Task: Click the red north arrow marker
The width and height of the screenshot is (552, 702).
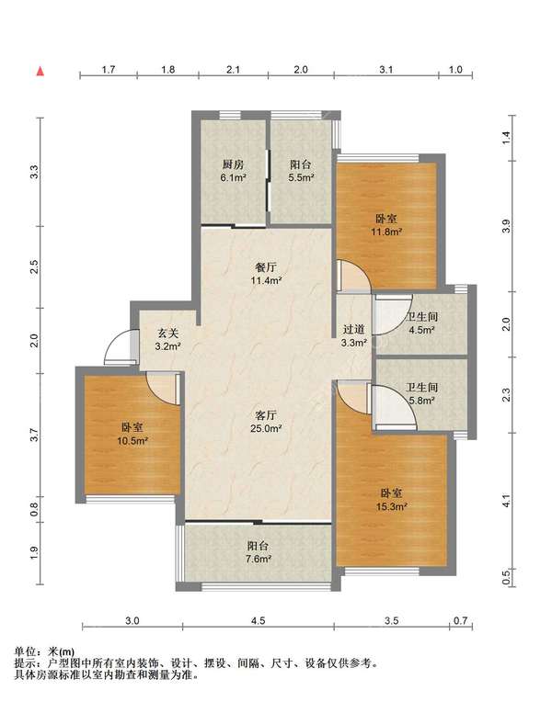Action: point(40,71)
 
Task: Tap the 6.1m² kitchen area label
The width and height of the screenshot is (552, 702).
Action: point(233,177)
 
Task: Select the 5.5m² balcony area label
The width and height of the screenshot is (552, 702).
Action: point(301,177)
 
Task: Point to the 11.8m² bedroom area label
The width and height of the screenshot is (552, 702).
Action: point(386,232)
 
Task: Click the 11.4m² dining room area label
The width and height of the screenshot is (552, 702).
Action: point(267,281)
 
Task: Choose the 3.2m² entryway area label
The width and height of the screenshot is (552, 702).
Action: point(167,346)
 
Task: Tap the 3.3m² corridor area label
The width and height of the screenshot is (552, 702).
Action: point(354,343)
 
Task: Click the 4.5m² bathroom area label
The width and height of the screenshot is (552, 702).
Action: point(421,330)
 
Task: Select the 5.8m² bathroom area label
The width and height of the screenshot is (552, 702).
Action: point(421,401)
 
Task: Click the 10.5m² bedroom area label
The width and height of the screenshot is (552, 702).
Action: point(132,441)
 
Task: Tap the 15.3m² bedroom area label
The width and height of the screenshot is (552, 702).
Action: point(392,507)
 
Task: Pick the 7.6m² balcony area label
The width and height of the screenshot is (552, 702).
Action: point(259,560)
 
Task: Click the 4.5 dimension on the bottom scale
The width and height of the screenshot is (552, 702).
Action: point(259,620)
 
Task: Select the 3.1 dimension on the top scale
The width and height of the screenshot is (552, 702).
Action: point(386,70)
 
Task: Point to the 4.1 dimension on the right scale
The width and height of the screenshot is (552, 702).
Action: point(506,501)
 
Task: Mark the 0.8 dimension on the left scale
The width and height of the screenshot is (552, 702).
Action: point(34,509)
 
